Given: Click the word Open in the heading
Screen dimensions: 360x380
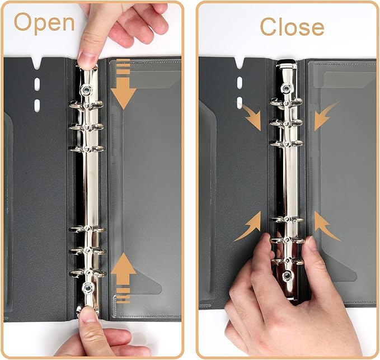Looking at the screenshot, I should coord(44,23).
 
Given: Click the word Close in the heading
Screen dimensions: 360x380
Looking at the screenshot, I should coord(292,26).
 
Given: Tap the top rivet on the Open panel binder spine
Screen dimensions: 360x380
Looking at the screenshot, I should coord(87,89).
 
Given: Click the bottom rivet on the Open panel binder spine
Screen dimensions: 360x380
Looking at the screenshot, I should coord(87,288).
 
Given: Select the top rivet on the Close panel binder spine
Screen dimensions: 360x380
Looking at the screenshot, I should coord(287,88).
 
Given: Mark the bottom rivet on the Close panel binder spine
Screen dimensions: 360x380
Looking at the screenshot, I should coord(287,276).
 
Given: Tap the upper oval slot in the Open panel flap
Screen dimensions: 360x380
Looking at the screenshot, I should coord(37,84).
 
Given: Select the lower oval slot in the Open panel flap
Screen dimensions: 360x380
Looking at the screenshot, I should coord(37,105).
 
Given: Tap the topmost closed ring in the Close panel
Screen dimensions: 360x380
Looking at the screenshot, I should coord(287,102).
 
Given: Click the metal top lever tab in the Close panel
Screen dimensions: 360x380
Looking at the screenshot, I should coord(287,67).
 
